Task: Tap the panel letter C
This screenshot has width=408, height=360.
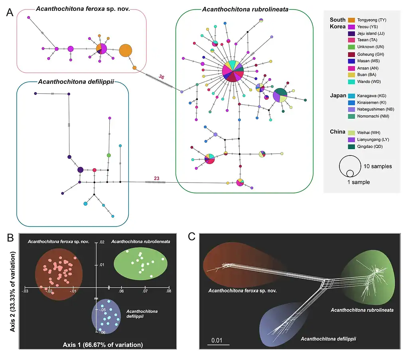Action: coord(191,237)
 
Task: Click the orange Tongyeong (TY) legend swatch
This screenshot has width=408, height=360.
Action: coord(352,20)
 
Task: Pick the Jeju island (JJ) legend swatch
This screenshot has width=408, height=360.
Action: coord(352,33)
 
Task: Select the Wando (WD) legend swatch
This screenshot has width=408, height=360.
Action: coord(352,81)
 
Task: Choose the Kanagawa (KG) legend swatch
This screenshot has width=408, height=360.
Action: coord(352,96)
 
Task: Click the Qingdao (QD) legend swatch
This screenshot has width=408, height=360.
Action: coord(352,146)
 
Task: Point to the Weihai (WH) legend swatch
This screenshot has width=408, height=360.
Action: coord(352,132)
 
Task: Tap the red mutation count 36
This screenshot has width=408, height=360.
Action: coord(162,77)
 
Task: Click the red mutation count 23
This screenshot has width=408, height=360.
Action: coord(158,178)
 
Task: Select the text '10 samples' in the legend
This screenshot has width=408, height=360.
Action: coord(378,166)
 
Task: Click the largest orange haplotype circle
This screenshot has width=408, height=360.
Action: coord(125,51)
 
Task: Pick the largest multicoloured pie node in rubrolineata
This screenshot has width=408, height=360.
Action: coord(233,72)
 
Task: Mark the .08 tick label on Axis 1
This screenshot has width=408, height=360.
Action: coord(168,291)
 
